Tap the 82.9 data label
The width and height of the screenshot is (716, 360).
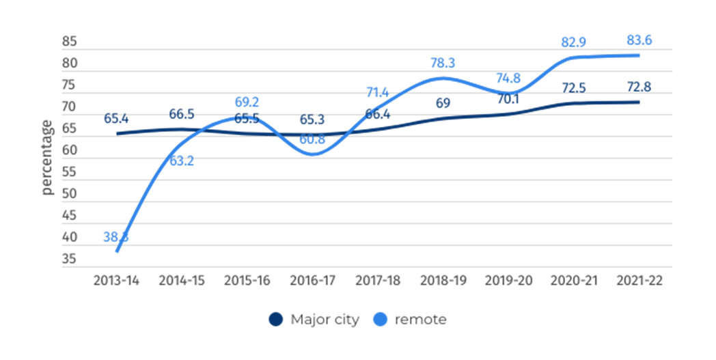[x=573, y=42]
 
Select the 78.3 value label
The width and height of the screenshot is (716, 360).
[x=443, y=64]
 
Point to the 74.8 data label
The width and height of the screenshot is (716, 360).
[x=507, y=78]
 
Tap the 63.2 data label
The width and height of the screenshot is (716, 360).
[x=181, y=162]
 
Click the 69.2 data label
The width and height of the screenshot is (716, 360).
[x=246, y=103]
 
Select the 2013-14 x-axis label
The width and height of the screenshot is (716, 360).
[x=115, y=281]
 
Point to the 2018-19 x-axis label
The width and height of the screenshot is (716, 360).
[x=443, y=281]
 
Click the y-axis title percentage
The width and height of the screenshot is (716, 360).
[x=46, y=157]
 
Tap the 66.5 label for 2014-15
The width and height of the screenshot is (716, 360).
[x=181, y=114]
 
